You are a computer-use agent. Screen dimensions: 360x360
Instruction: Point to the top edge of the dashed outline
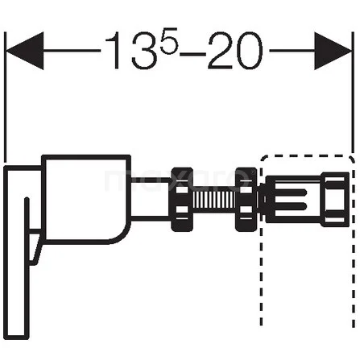[306, 155]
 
